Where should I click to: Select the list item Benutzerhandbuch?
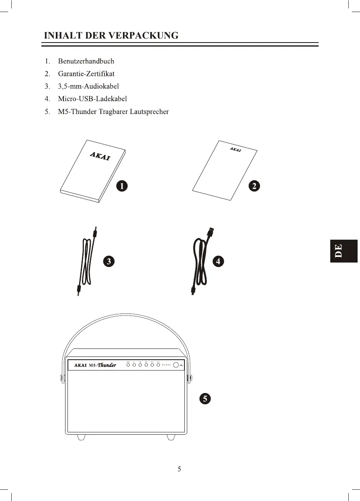(86, 61)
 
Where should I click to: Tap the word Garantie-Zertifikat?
(86, 74)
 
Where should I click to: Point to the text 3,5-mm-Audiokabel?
(88, 86)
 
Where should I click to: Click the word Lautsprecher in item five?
(149, 112)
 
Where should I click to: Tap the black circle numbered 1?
(122, 186)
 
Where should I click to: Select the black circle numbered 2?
(254, 186)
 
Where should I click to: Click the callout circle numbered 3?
(108, 261)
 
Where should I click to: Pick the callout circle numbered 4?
(218, 261)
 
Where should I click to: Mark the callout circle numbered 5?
(205, 399)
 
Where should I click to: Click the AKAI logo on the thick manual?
(99, 156)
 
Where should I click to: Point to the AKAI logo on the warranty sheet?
(235, 150)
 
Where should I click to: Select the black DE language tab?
(344, 251)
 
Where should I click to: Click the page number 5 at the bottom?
(180, 469)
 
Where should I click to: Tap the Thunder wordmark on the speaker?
(107, 365)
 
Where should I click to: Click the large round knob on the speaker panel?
(176, 365)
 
